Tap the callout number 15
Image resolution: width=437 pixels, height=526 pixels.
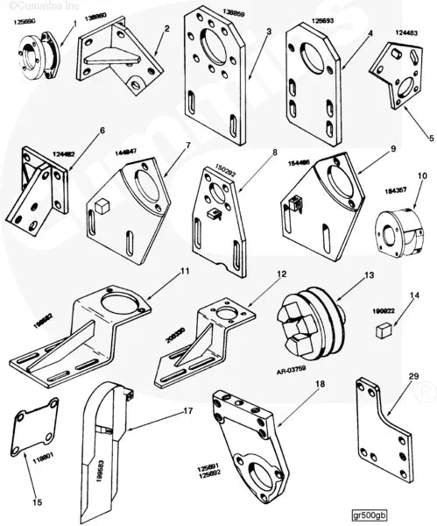pyautogui.click(x=36, y=502)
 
